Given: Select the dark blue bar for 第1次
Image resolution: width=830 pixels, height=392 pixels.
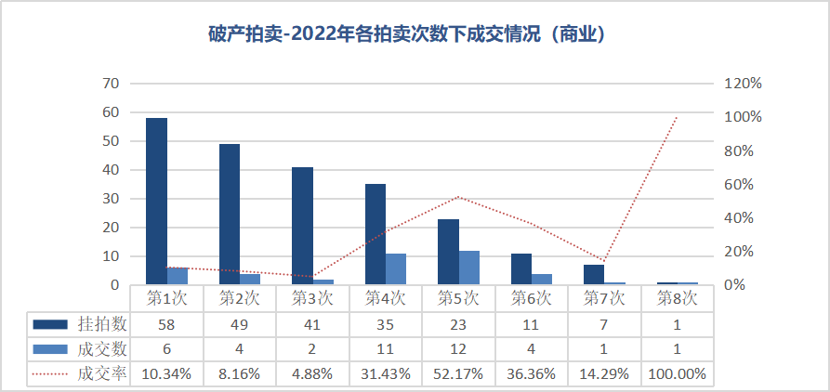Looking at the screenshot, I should pyautogui.click(x=156, y=201).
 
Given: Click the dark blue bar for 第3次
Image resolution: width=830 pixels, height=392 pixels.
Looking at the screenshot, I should pyautogui.click(x=302, y=226).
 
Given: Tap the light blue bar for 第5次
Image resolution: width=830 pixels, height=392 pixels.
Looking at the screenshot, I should pyautogui.click(x=469, y=268).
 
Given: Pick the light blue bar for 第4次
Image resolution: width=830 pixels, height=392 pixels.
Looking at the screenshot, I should pyautogui.click(x=396, y=268).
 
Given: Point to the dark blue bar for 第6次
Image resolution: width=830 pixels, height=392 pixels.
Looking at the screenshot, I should pyautogui.click(x=521, y=268).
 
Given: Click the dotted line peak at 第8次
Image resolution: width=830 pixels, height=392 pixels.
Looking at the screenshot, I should pyautogui.click(x=678, y=117).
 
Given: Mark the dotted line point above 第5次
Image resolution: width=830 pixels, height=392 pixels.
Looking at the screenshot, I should pyautogui.click(x=458, y=197).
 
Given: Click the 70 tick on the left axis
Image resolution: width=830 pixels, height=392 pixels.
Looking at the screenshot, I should pyautogui.click(x=111, y=84).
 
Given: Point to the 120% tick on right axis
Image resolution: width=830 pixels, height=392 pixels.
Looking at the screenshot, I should pyautogui.click(x=743, y=84).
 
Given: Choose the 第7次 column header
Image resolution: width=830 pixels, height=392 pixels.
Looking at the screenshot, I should pyautogui.click(x=604, y=298).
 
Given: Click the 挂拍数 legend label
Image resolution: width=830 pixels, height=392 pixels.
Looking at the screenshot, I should pyautogui.click(x=101, y=324).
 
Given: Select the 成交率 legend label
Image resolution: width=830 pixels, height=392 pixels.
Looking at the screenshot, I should pyautogui.click(x=101, y=373).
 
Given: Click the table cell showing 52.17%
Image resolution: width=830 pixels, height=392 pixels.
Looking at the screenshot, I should pyautogui.click(x=458, y=373).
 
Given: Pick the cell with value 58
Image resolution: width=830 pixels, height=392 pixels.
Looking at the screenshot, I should pyautogui.click(x=166, y=324).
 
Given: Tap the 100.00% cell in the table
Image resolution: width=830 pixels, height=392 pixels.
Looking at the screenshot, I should pyautogui.click(x=678, y=373).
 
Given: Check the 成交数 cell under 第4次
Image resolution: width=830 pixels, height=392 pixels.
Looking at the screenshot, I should pyautogui.click(x=386, y=349).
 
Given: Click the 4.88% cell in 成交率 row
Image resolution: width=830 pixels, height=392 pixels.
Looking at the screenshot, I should pyautogui.click(x=312, y=373).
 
